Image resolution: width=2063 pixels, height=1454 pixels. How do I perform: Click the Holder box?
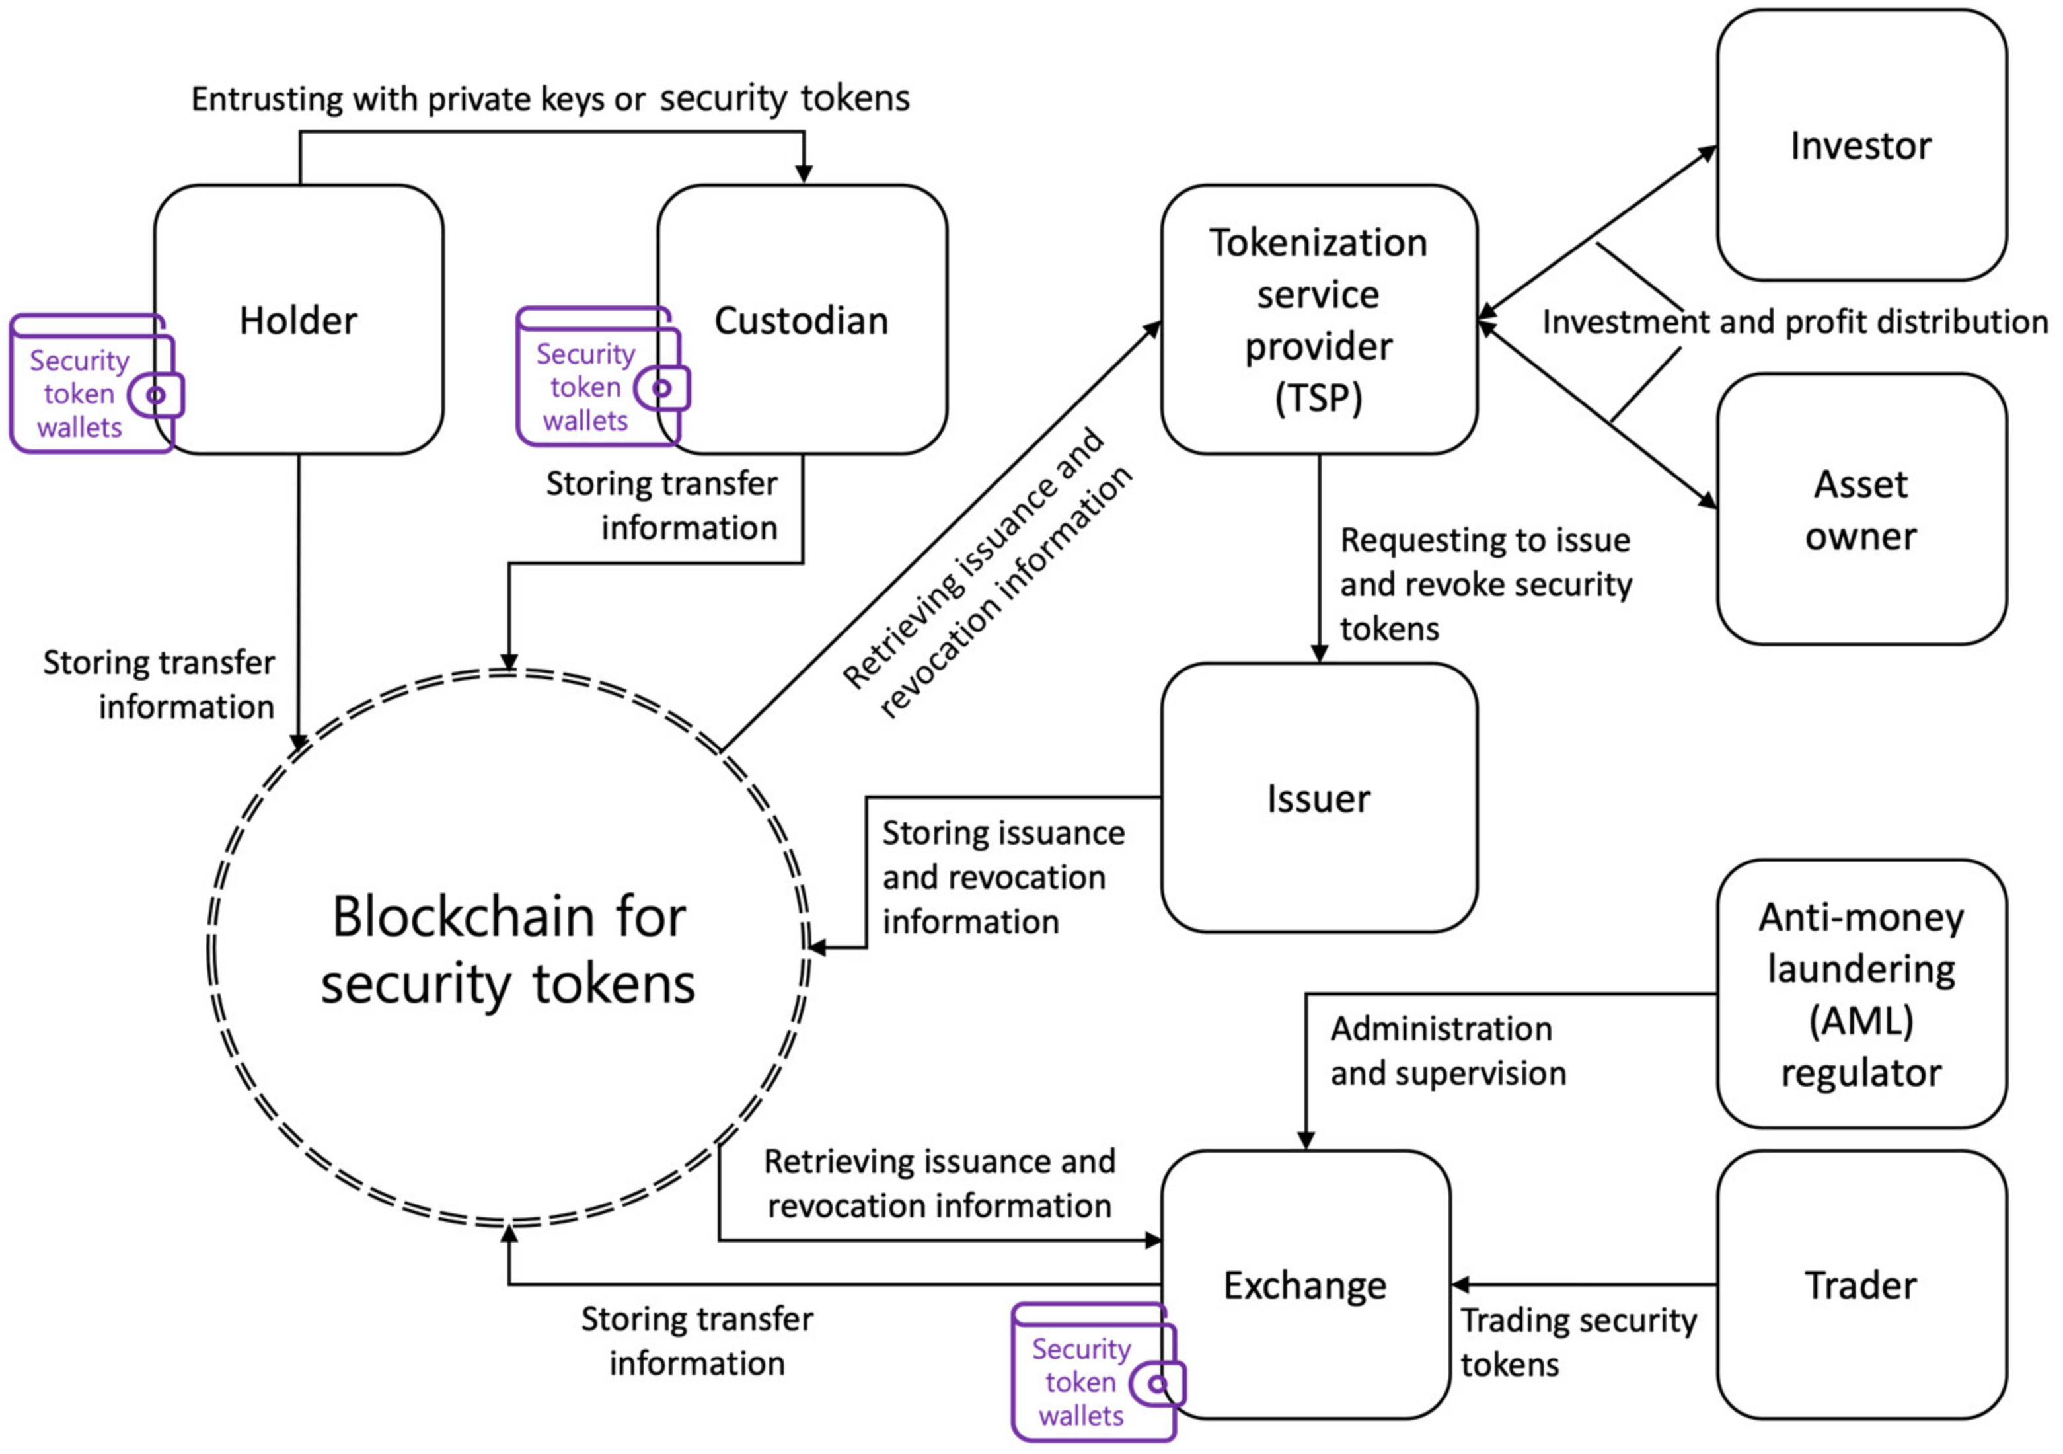tap(299, 320)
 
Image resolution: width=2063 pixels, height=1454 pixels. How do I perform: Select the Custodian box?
tap(802, 320)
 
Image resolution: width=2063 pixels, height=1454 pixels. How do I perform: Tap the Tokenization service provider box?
tap(1318, 320)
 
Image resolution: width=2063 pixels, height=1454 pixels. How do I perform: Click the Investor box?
tap(1861, 145)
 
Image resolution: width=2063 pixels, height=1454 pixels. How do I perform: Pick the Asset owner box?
tap(1861, 510)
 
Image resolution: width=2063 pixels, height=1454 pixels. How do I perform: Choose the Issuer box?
tap(1318, 798)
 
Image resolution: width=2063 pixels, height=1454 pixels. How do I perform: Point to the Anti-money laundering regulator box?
tap(1861, 994)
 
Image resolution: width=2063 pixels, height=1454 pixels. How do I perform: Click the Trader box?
tap(1861, 1285)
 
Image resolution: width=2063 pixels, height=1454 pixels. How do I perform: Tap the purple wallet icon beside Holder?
tap(94, 385)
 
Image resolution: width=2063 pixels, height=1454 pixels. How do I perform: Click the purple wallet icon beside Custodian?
tap(600, 378)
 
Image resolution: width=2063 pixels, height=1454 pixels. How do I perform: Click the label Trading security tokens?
tap(1579, 1342)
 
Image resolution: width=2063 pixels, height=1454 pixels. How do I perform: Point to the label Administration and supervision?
tap(1448, 1050)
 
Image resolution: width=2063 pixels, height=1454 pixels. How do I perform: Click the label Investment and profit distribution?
tap(1794, 322)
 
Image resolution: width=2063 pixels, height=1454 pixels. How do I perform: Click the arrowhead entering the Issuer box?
tap(1319, 654)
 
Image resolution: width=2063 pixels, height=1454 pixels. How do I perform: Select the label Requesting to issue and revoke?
tap(1485, 584)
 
